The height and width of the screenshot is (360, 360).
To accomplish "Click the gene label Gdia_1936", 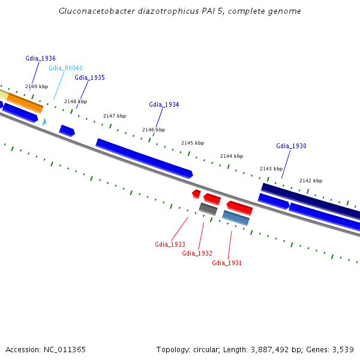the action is (40, 58).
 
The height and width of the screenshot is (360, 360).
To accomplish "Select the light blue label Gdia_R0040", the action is (65, 68).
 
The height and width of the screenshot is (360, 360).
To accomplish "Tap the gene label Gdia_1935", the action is (90, 77).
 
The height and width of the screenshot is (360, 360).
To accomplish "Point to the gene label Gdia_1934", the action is (164, 104).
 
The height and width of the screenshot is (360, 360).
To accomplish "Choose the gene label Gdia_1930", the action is (291, 146).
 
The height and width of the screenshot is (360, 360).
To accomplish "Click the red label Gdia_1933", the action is (170, 244).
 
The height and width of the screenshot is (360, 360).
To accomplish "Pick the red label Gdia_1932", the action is (197, 253).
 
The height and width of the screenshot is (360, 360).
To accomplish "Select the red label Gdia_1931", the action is (227, 263).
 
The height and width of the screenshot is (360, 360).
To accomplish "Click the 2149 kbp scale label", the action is (37, 86).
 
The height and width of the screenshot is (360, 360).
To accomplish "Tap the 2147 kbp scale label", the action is (115, 116).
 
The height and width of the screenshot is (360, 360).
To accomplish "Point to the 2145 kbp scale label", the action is (193, 143).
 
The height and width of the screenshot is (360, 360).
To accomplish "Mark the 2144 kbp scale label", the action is (232, 156).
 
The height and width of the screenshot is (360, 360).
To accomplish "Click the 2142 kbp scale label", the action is (311, 181).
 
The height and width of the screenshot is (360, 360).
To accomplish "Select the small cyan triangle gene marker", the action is (44, 122).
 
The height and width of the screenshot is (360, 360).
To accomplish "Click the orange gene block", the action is (25, 103).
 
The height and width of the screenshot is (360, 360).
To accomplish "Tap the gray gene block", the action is (208, 209).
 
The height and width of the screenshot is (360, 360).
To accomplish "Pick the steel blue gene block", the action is (236, 218).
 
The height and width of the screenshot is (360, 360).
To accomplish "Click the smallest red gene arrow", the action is (196, 194).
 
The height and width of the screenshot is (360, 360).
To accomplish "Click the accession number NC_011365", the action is (65, 350).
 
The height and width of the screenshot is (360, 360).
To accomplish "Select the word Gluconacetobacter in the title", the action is (97, 11).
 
